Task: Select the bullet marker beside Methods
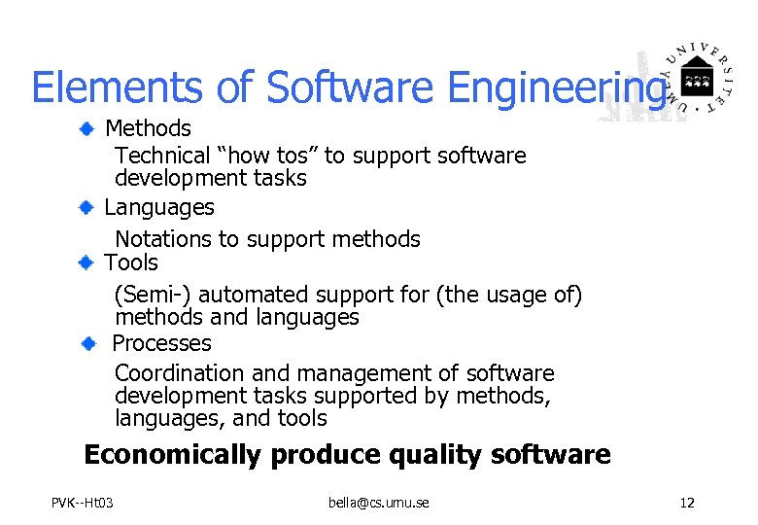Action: pyautogui.click(x=87, y=127)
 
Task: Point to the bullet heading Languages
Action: pyautogui.click(x=159, y=207)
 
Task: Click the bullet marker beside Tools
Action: pyautogui.click(x=87, y=262)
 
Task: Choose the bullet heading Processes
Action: pyautogui.click(x=161, y=343)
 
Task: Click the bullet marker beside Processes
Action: pyautogui.click(x=89, y=343)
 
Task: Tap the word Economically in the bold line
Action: pyautogui.click(x=173, y=454)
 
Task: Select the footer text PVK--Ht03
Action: pyautogui.click(x=83, y=503)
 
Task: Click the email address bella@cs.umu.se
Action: pyautogui.click(x=379, y=503)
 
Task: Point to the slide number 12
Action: pyautogui.click(x=687, y=503)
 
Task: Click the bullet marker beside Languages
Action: pyautogui.click(x=87, y=207)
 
